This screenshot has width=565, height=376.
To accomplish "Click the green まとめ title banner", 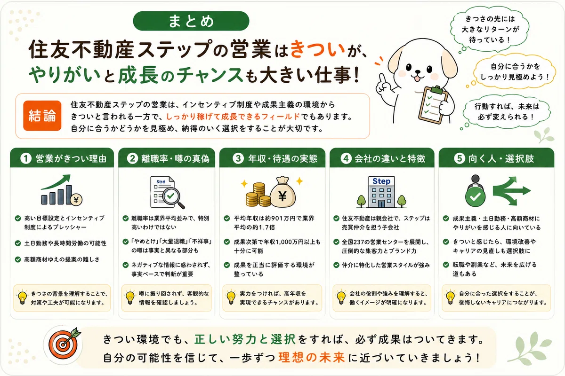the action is [191, 21].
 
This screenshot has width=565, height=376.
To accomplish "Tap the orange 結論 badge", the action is [42, 116].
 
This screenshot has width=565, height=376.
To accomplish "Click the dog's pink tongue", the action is [417, 79].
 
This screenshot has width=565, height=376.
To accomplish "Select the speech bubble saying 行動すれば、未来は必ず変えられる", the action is [507, 112].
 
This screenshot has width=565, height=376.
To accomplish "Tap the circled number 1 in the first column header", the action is [26, 159].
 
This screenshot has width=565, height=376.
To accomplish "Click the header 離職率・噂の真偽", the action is [175, 159].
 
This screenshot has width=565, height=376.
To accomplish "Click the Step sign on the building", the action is [381, 181].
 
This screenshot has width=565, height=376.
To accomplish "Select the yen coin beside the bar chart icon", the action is [76, 200].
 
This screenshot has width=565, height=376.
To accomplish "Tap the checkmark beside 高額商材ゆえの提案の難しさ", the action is [18, 259].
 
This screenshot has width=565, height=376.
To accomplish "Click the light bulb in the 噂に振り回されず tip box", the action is [130, 298].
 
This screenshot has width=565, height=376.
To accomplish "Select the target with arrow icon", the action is [64, 344].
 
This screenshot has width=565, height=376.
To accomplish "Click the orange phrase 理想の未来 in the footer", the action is [312, 358].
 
